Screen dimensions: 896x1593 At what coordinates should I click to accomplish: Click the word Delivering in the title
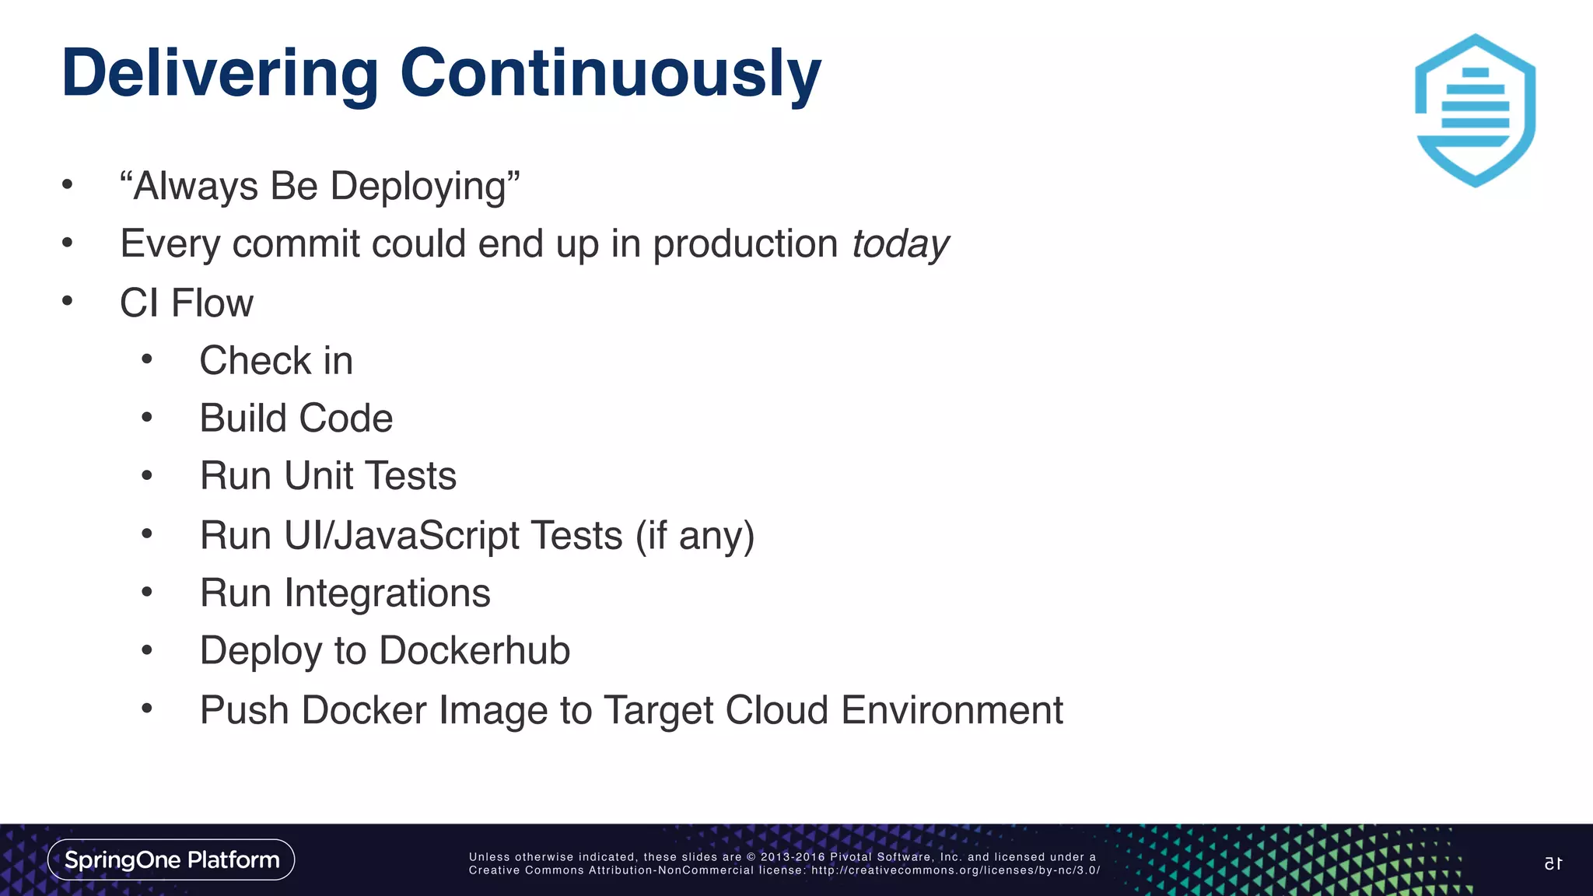pos(220,75)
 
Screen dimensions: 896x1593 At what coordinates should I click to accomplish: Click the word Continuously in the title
pos(610,75)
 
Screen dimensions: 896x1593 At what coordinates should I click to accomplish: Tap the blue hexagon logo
pos(1475,110)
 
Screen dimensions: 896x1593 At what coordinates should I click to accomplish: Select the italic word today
pos(900,245)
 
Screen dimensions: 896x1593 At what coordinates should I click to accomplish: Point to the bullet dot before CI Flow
pos(68,301)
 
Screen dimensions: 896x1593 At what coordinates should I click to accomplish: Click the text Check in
pos(276,361)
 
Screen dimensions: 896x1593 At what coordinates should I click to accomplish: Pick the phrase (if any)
pos(695,536)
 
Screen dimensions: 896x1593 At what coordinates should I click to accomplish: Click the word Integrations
pos(387,593)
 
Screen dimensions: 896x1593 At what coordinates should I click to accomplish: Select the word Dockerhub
pos(474,651)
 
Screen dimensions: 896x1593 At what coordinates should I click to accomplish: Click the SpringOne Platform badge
pos(171,859)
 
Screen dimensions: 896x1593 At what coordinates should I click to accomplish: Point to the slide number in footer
pos(1553,863)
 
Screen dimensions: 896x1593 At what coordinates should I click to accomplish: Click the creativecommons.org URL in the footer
pos(955,870)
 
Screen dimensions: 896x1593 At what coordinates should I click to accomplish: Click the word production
pos(744,245)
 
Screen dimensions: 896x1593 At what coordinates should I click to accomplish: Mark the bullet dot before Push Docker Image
pos(147,709)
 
